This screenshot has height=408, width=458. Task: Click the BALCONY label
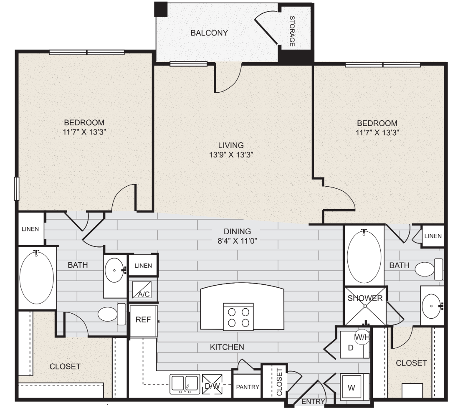[209, 33]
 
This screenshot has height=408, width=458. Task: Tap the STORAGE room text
[292, 31]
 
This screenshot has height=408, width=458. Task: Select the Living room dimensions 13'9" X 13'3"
[231, 155]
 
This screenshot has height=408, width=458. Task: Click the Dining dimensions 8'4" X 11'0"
[237, 241]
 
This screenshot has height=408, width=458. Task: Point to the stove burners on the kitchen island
[238, 317]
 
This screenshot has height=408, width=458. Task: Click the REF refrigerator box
[144, 321]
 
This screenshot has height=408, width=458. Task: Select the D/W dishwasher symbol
[212, 384]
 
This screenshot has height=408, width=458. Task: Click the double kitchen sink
[185, 384]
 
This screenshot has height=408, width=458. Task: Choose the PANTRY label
[248, 387]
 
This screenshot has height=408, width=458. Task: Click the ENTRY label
[313, 402]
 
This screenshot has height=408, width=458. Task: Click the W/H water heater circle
[362, 337]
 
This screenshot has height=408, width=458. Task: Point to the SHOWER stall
[365, 306]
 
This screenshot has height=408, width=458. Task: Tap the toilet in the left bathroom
[111, 314]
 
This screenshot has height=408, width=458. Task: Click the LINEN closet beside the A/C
[143, 265]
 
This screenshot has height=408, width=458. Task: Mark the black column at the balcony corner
[161, 9]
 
